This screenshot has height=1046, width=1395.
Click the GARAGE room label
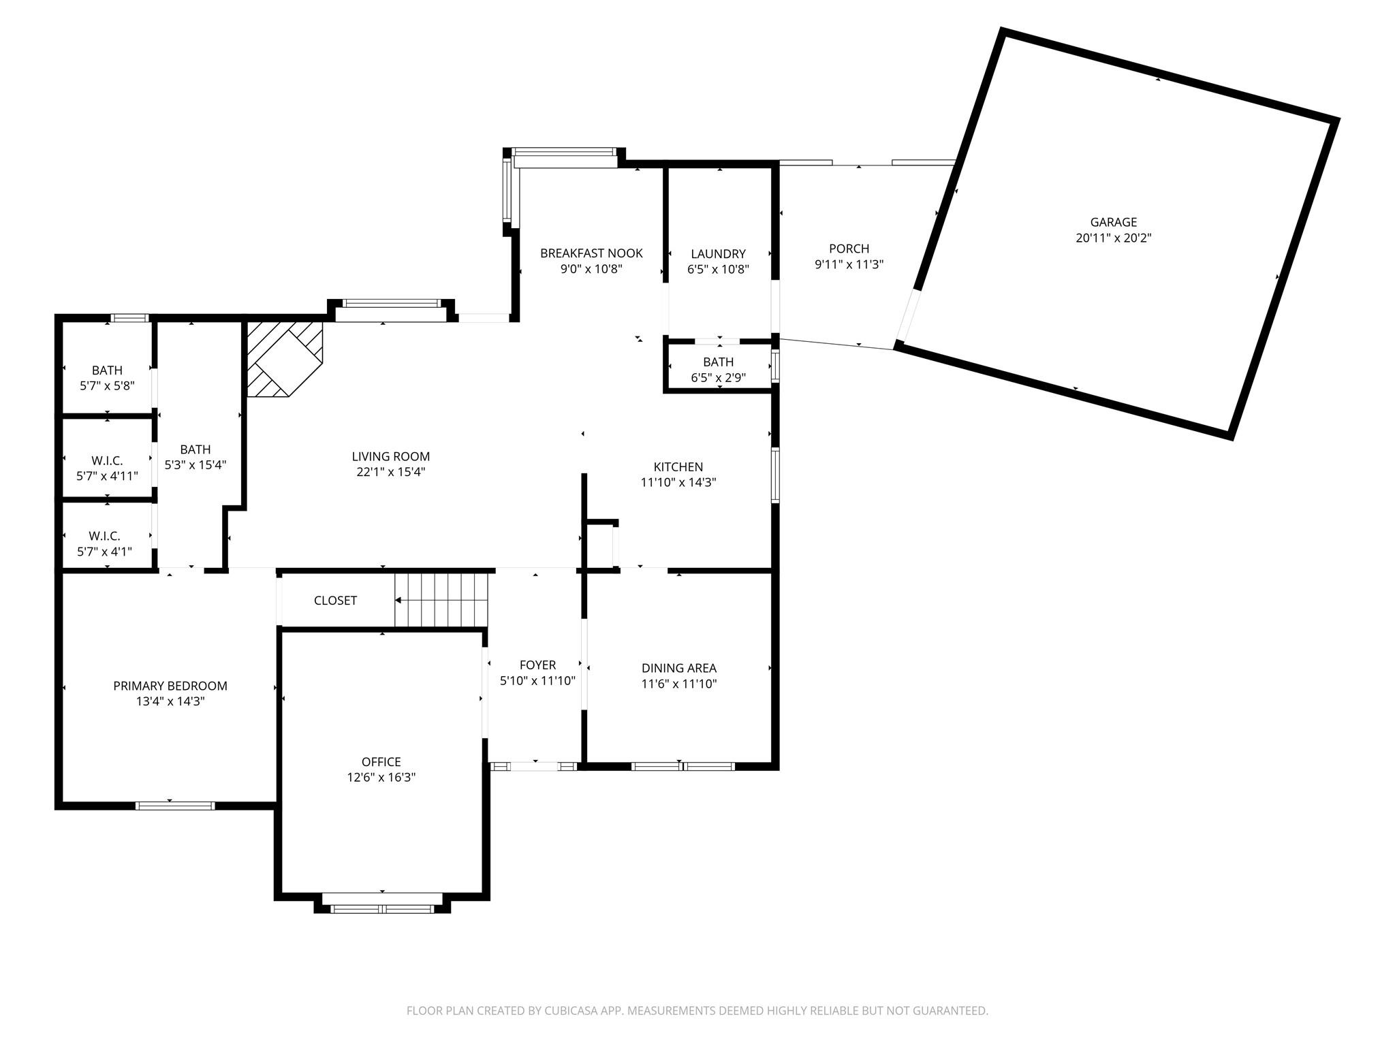[1114, 222]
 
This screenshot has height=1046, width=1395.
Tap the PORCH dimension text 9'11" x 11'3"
[849, 264]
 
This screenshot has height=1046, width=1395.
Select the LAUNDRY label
[718, 254]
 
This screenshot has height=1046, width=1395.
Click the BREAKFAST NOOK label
[591, 253]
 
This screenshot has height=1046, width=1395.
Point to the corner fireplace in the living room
[284, 359]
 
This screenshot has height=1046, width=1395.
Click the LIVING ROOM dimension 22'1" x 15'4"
[391, 472]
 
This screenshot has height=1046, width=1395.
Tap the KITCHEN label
[678, 467]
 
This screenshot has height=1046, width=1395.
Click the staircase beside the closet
[441, 600]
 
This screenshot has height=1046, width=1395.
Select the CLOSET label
[335, 601]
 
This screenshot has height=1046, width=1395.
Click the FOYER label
[537, 665]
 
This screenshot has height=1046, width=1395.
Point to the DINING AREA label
[679, 669]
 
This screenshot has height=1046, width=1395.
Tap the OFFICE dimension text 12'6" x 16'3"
[381, 777]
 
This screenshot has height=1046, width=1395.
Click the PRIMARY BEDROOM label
[170, 686]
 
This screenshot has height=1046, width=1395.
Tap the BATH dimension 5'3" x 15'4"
[195, 465]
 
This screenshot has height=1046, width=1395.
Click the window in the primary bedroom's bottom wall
[175, 806]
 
